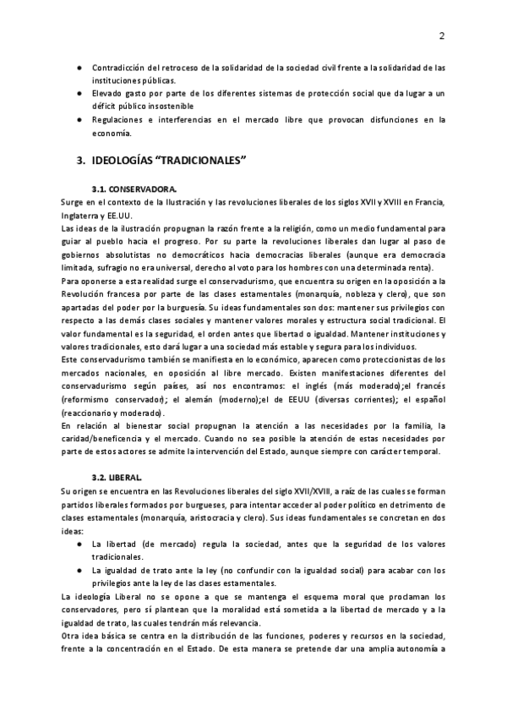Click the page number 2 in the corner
(x=441, y=36)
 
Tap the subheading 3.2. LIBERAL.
(x=117, y=479)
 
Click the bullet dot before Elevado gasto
(x=79, y=93)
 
